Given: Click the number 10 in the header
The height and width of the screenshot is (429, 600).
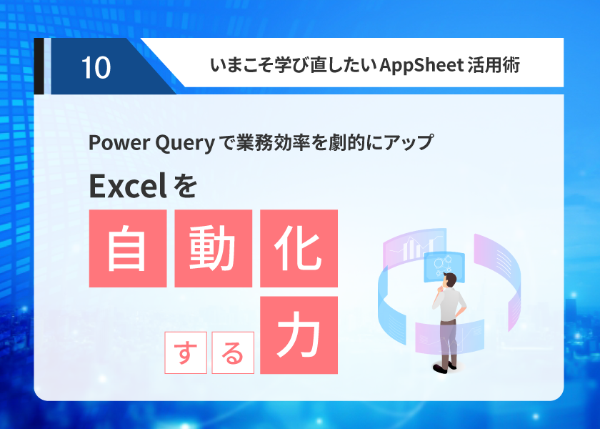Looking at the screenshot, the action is coord(96,68).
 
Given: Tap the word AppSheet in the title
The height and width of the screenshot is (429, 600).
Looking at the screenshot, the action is coord(421,65).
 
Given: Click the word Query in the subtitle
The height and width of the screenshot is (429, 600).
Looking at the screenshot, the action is coord(185,143).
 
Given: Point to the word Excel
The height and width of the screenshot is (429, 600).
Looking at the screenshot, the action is coord(128,186).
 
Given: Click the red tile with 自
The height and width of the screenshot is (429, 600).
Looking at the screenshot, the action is coord(128,248).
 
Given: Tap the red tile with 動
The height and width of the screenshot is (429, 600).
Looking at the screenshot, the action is coord(213,248).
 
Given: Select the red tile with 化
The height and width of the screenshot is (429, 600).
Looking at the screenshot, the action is coord(299,248).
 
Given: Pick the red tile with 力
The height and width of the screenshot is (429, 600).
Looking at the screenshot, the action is coord(299,335).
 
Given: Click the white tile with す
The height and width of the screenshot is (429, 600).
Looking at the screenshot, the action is coord(186,352).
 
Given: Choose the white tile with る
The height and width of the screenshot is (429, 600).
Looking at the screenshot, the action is coord(233,352).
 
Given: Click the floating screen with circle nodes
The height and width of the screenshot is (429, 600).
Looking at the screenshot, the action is coord(444,266).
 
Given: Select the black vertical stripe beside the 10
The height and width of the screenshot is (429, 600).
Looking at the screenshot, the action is coord(39,66).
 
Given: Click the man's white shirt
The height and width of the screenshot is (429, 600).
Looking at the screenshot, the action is coord(449,305).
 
